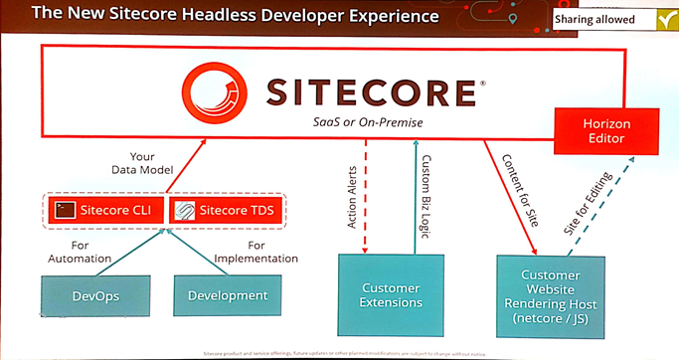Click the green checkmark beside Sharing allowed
[x=664, y=19]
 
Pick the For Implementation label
[x=257, y=251]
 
